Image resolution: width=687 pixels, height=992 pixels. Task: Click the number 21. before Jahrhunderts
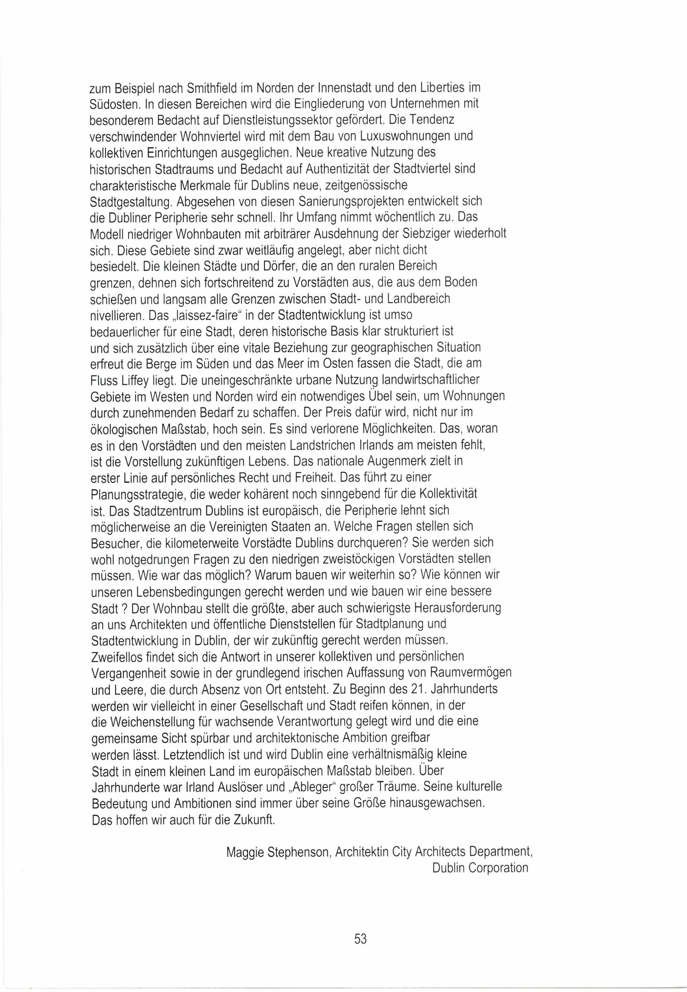coord(432,689)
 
